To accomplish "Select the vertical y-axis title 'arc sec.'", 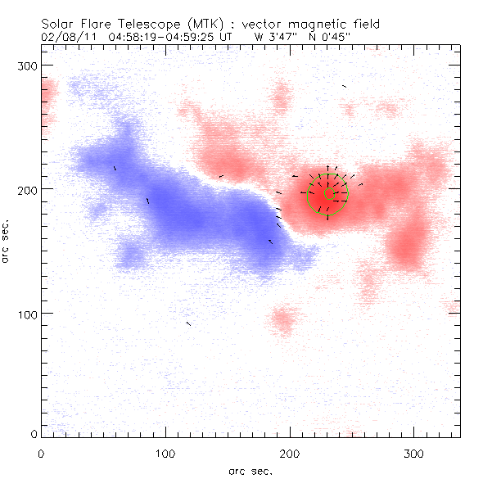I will pos(7,242).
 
